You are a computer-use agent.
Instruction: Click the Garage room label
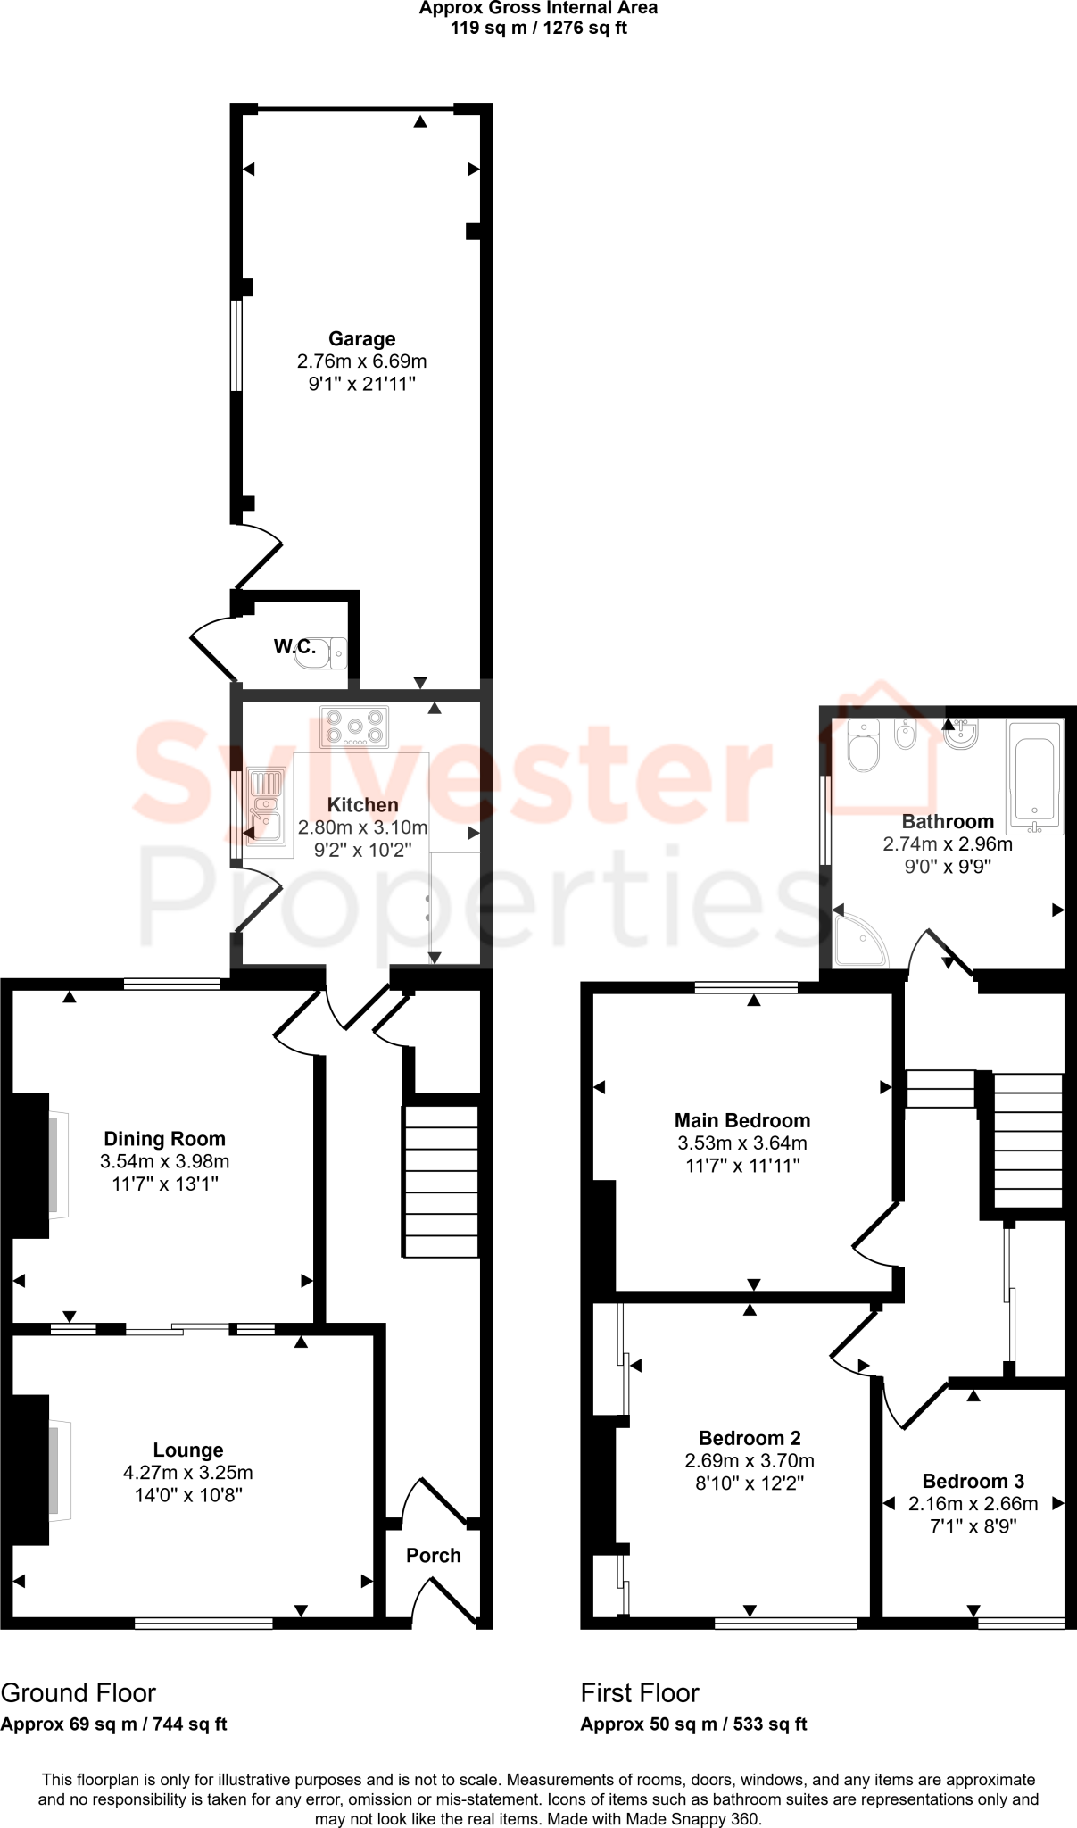click(361, 339)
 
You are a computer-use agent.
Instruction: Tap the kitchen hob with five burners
click(354, 727)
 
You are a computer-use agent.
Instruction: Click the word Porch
click(434, 1556)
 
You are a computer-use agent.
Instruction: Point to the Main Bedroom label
click(742, 1121)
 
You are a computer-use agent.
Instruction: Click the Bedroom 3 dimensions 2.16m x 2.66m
click(973, 1504)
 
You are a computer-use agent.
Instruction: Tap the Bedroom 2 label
click(750, 1438)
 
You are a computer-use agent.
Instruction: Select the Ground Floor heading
click(79, 1693)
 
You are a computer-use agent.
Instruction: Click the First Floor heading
click(640, 1693)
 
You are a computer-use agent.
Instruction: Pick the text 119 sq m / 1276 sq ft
click(538, 28)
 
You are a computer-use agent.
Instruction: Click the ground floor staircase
click(442, 1181)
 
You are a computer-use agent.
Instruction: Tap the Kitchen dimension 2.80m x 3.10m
click(362, 827)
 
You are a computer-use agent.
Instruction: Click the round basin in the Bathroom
click(962, 735)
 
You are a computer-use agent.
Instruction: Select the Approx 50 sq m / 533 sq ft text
click(693, 1724)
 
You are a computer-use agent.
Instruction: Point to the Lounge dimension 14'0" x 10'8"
click(188, 1495)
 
